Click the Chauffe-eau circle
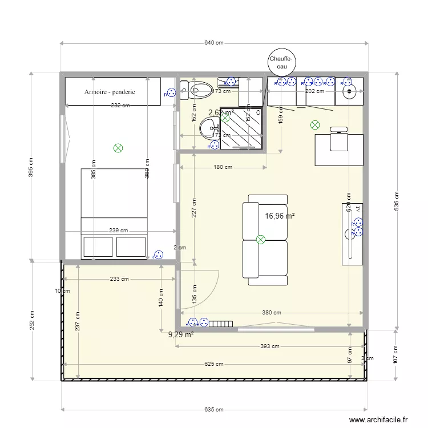(282, 62)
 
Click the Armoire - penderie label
(110, 91)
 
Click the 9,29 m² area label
(181, 335)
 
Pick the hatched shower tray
(241, 128)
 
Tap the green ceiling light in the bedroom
(118, 148)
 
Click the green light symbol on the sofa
(261, 240)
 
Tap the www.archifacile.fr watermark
(378, 419)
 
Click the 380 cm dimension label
(272, 313)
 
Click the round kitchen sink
(349, 90)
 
